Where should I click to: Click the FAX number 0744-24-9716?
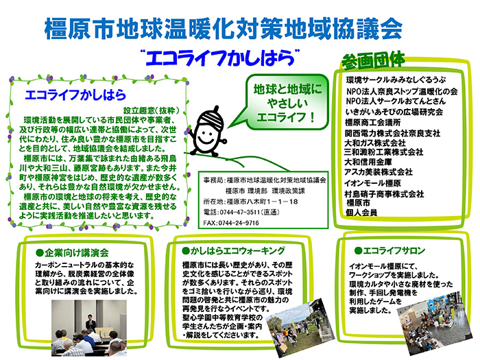click(x=240, y=223)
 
